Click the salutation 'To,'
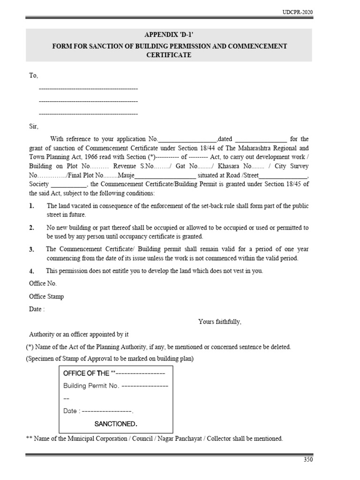click(x=34, y=75)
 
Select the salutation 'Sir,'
click(x=34, y=127)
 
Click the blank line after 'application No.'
click(x=188, y=140)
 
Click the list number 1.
click(x=31, y=206)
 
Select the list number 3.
click(x=31, y=250)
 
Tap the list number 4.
click(x=31, y=271)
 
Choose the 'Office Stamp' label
click(x=46, y=297)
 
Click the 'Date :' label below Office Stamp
click(x=37, y=309)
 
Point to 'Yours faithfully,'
click(x=220, y=322)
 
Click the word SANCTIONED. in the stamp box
click(x=116, y=424)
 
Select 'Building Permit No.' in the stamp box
click(x=91, y=386)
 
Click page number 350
click(x=307, y=460)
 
